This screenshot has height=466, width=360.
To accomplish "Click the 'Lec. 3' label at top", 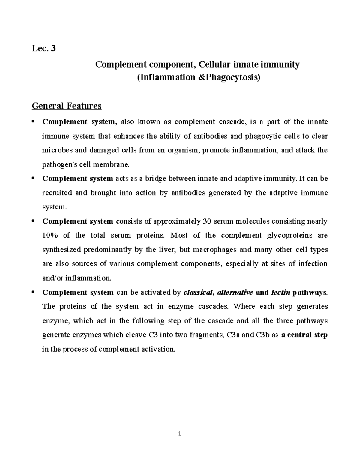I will [44, 48].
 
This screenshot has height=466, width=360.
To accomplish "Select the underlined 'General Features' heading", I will [67, 106].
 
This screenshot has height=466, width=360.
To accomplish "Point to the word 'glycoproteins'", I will [289, 235].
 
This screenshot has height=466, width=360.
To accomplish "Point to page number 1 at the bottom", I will [180, 434].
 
